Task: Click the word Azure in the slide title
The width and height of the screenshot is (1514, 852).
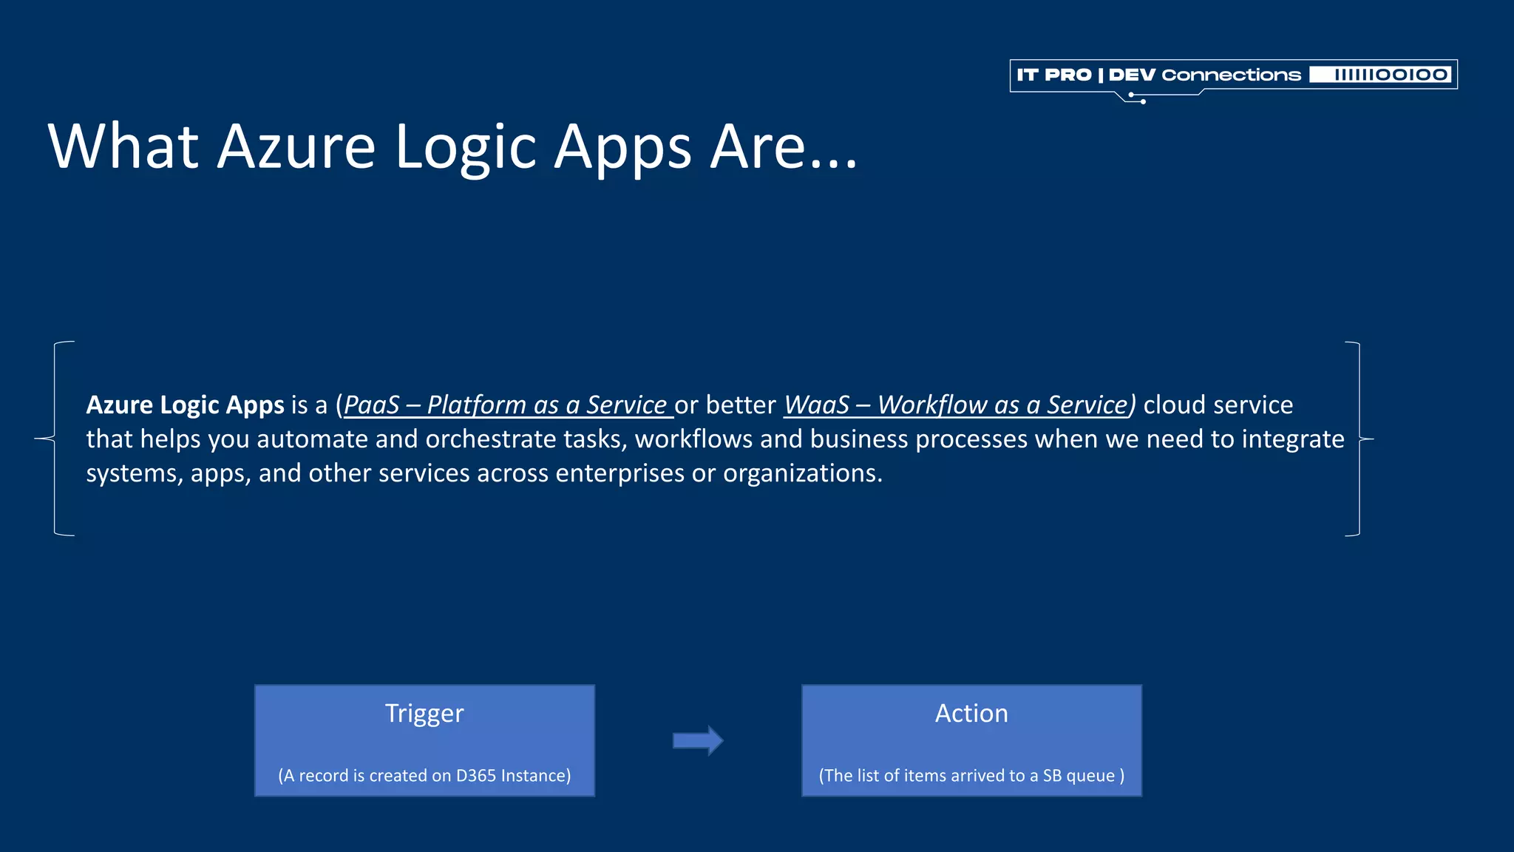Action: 296,146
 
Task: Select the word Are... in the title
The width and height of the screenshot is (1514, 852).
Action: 784,146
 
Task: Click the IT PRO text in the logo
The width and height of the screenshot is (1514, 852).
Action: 1054,75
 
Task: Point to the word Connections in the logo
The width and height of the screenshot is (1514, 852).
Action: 1231,75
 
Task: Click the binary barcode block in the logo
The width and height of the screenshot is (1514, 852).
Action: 1380,75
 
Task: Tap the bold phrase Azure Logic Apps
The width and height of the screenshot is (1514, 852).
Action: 185,405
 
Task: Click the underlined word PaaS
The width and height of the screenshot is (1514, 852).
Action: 371,405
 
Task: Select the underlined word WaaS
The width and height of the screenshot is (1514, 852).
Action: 816,405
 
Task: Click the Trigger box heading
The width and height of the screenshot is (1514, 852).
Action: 424,713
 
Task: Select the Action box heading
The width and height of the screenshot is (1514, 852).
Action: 971,713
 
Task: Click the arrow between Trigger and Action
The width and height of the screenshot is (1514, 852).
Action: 698,740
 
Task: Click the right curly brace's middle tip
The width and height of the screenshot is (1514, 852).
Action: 1372,439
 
